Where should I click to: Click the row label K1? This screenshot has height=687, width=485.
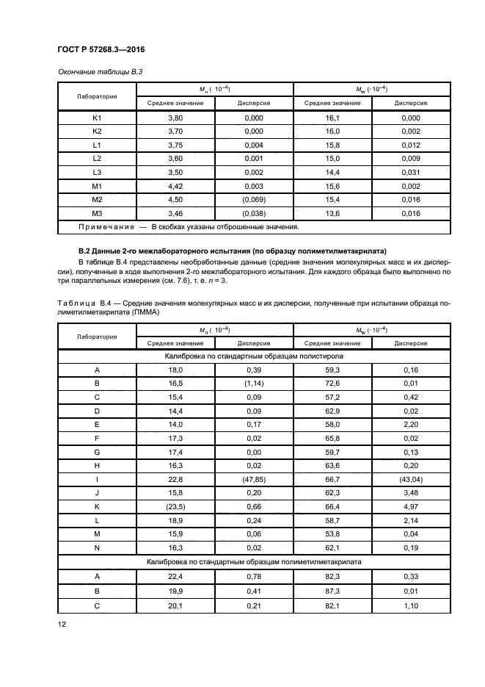click(x=96, y=118)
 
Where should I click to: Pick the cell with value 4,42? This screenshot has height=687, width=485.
click(x=175, y=187)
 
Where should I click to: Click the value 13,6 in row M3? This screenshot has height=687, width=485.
click(x=333, y=214)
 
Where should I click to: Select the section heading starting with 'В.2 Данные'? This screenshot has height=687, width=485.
click(x=232, y=251)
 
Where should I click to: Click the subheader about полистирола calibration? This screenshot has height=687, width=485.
click(x=255, y=356)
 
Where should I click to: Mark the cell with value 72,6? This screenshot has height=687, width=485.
click(x=333, y=383)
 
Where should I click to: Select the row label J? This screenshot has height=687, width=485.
click(x=96, y=493)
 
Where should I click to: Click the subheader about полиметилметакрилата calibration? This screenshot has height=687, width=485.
click(x=255, y=561)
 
